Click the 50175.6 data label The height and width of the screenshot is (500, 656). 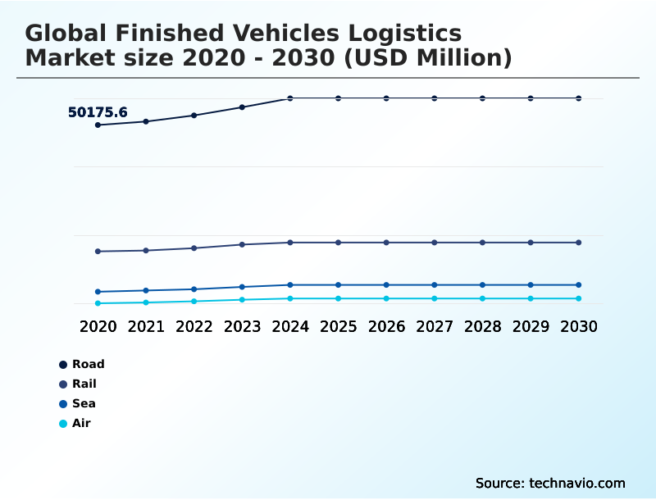[x=98, y=112]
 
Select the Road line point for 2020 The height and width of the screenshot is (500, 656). [x=98, y=125]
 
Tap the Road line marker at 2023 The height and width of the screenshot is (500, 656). [x=242, y=107]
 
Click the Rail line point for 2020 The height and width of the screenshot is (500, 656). [x=98, y=251]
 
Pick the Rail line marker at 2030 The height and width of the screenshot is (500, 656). [x=579, y=243]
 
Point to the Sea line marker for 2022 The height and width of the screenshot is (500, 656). [x=194, y=289]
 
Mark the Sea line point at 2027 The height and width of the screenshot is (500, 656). [x=435, y=284]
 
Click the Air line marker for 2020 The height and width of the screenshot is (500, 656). [x=98, y=303]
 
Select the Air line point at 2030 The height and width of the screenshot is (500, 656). [x=579, y=298]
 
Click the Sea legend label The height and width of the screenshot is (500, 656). [x=84, y=403]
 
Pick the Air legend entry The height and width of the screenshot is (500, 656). [x=81, y=423]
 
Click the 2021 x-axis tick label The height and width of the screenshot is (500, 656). [x=146, y=326]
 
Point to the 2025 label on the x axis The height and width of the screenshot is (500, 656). [x=339, y=326]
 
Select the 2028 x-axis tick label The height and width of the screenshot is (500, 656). [x=483, y=326]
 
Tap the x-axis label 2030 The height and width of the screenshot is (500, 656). [x=579, y=326]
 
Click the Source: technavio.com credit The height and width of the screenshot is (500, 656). [x=550, y=483]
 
